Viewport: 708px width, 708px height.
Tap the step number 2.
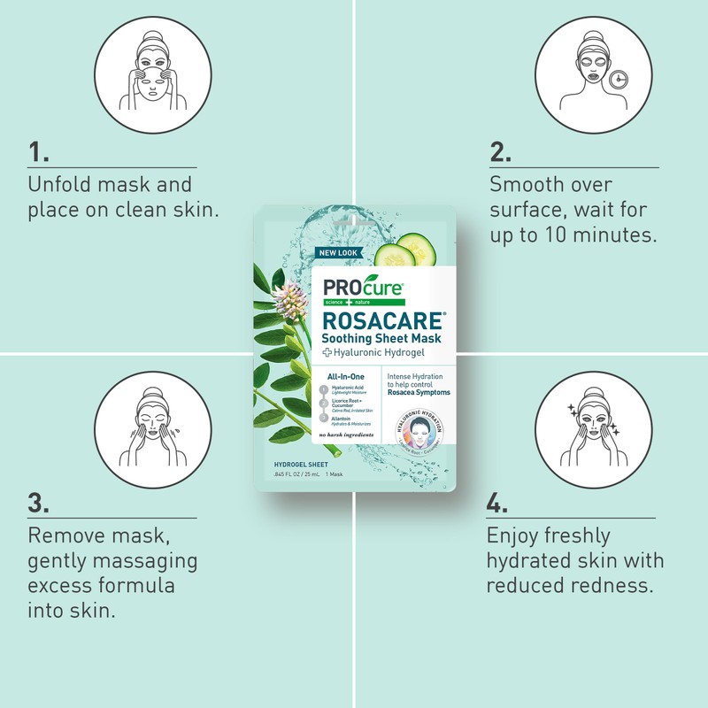pos(500,152)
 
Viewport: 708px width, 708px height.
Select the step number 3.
pos(39,503)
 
